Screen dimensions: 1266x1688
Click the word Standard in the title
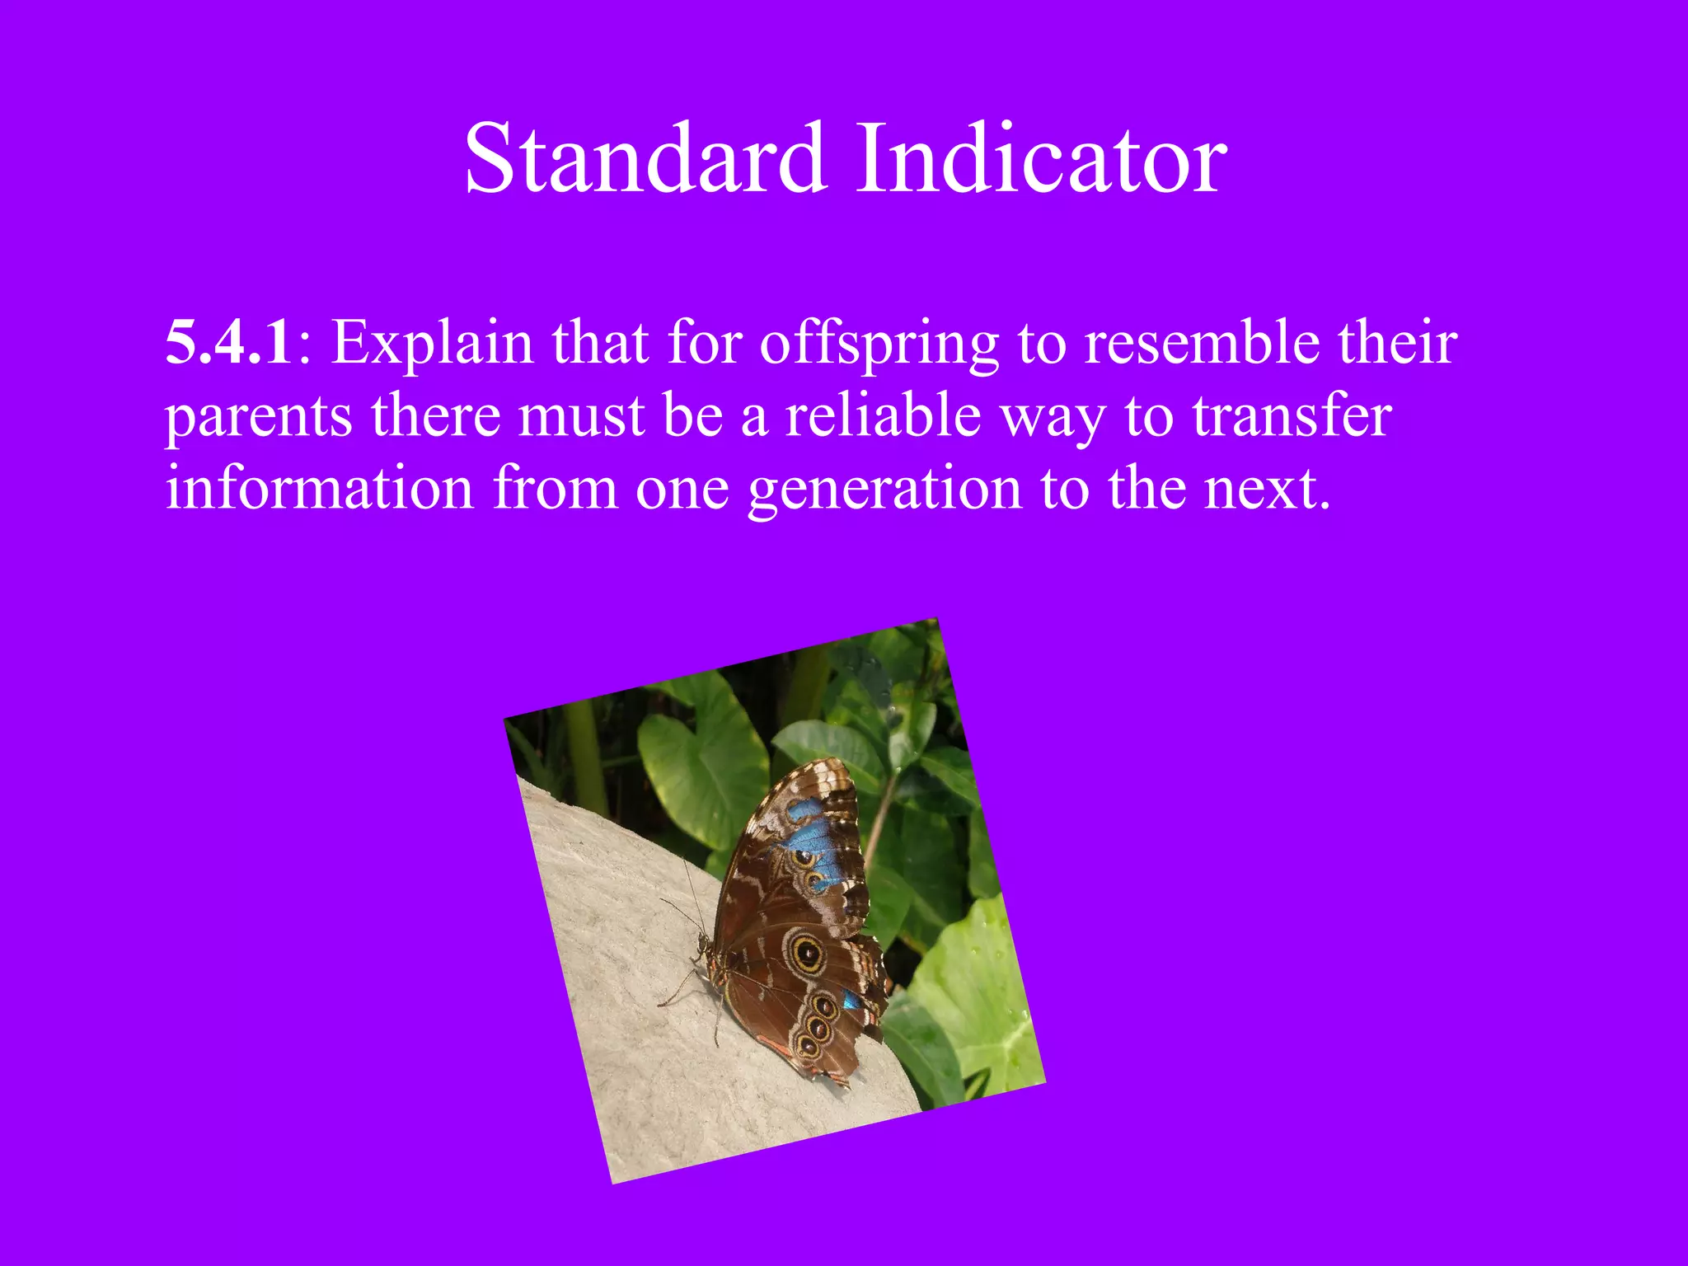point(645,158)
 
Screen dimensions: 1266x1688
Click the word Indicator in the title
point(1041,158)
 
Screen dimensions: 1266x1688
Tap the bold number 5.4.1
point(228,342)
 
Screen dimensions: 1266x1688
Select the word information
point(319,488)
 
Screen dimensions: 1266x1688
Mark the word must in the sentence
point(581,416)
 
